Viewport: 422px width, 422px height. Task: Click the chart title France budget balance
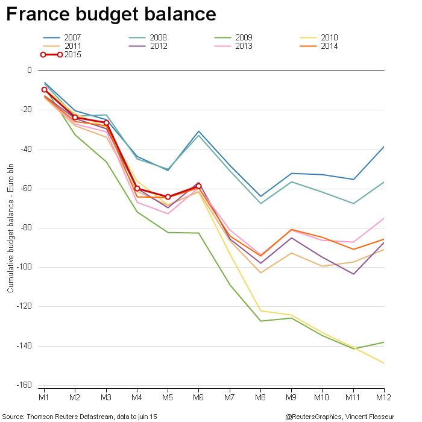pyautogui.click(x=111, y=14)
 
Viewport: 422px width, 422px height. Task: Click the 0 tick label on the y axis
pyautogui.click(x=28, y=71)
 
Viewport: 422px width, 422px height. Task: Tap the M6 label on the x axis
pyautogui.click(x=198, y=398)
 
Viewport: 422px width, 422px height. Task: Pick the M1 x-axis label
pyautogui.click(x=44, y=398)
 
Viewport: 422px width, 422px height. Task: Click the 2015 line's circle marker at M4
pyautogui.click(x=137, y=189)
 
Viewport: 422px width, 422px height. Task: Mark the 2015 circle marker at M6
pyautogui.click(x=199, y=186)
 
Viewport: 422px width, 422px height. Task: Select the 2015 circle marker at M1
pyautogui.click(x=44, y=90)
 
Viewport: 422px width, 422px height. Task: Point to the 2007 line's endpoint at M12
pyautogui.click(x=384, y=146)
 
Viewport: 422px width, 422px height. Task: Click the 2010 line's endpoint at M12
pyautogui.click(x=384, y=363)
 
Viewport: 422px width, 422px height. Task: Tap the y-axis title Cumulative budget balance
pyautogui.click(x=10, y=228)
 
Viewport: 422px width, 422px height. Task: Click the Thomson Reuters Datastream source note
pyautogui.click(x=80, y=416)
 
